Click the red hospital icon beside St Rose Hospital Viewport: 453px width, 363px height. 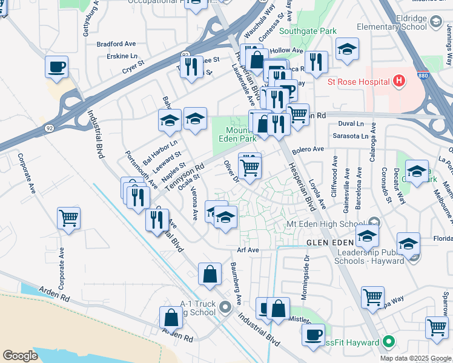[398, 80]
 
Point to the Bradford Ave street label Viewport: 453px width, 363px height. [117, 44]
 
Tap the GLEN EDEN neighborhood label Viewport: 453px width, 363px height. [327, 242]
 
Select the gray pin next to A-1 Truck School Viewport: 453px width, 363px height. [225, 307]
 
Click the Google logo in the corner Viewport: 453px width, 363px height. [20, 355]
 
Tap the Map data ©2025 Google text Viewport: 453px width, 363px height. [415, 358]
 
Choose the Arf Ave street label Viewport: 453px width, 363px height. [248, 249]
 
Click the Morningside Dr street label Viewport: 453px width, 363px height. [307, 276]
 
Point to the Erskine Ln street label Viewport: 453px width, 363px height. [127, 56]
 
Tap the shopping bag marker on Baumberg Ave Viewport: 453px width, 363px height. [210, 275]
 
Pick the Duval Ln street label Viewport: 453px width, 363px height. [351, 123]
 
